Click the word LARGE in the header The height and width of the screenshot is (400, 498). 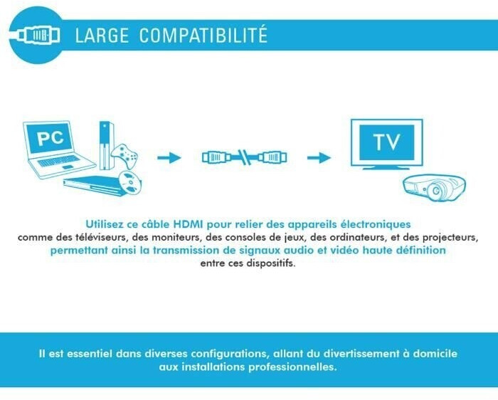(102, 35)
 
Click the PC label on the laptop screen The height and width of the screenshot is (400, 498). (51, 138)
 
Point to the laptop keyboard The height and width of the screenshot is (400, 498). (59, 161)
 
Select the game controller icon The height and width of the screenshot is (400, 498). (124, 156)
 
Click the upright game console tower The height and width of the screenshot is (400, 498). (107, 145)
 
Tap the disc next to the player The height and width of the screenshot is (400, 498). (129, 183)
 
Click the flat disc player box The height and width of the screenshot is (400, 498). (92, 185)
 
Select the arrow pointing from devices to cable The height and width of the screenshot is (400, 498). (169, 157)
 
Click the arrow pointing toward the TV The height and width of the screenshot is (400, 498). (319, 157)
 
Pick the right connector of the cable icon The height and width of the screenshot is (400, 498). (272, 157)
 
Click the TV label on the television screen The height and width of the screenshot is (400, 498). (386, 142)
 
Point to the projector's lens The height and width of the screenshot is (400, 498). (436, 191)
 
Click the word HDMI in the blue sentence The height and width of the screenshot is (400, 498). (188, 224)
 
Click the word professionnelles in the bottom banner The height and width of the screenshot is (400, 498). (292, 367)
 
